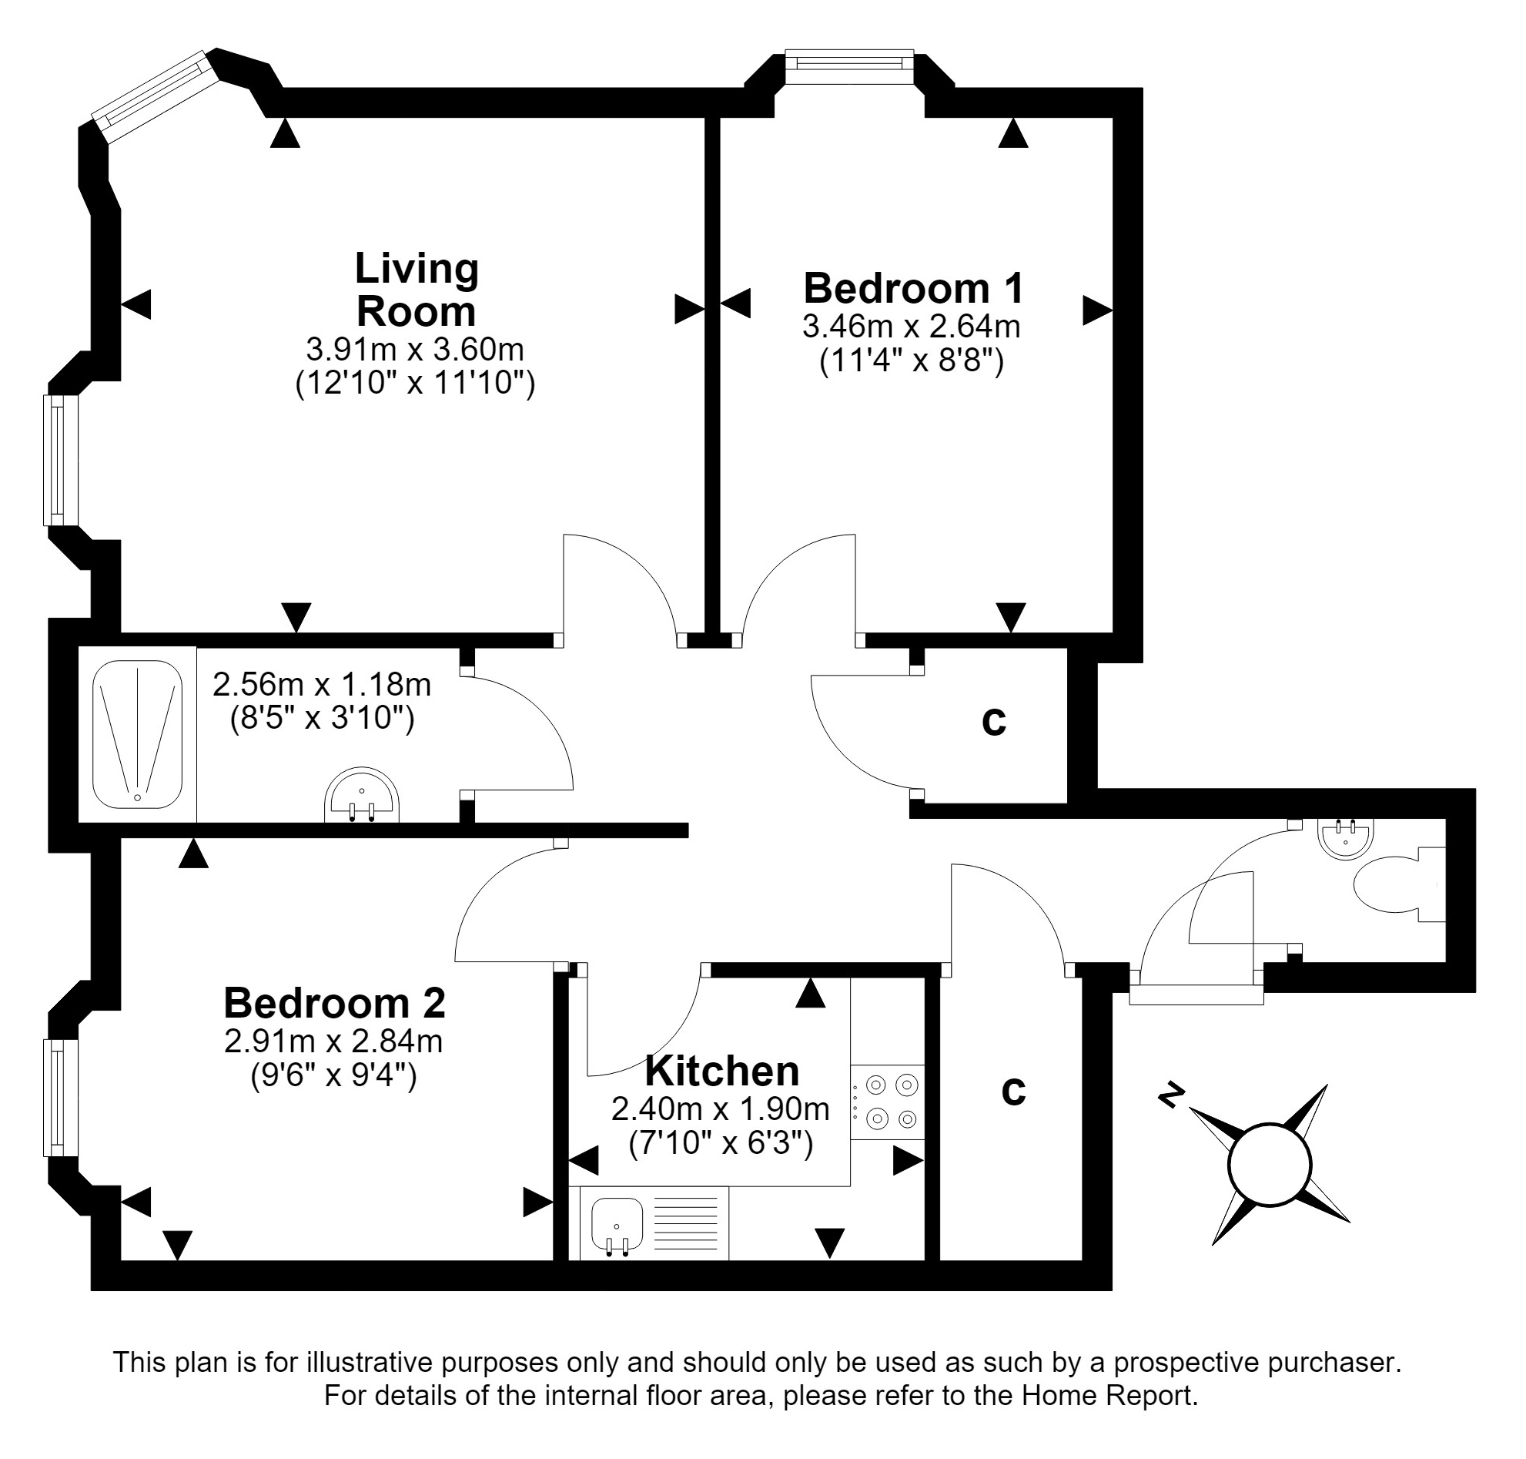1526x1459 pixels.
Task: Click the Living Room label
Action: [x=416, y=290]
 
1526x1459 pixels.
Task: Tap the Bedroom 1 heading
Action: [x=913, y=289]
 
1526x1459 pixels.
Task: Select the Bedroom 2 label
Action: [x=334, y=1003]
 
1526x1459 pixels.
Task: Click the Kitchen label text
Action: [x=722, y=1071]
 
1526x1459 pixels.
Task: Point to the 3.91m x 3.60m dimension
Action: [x=415, y=349]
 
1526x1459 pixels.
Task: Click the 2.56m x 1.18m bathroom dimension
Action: [x=322, y=684]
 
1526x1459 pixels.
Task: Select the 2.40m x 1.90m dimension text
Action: [x=721, y=1109]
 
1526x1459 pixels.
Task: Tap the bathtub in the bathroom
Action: [x=138, y=734]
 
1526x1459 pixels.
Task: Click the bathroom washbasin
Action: [x=362, y=795]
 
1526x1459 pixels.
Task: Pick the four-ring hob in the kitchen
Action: [x=888, y=1102]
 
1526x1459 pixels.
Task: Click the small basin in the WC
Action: [x=1346, y=838]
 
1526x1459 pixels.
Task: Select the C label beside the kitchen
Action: [x=1013, y=1091]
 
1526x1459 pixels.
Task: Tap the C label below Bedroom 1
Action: [x=993, y=721]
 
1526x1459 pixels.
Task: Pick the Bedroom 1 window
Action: [x=849, y=67]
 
